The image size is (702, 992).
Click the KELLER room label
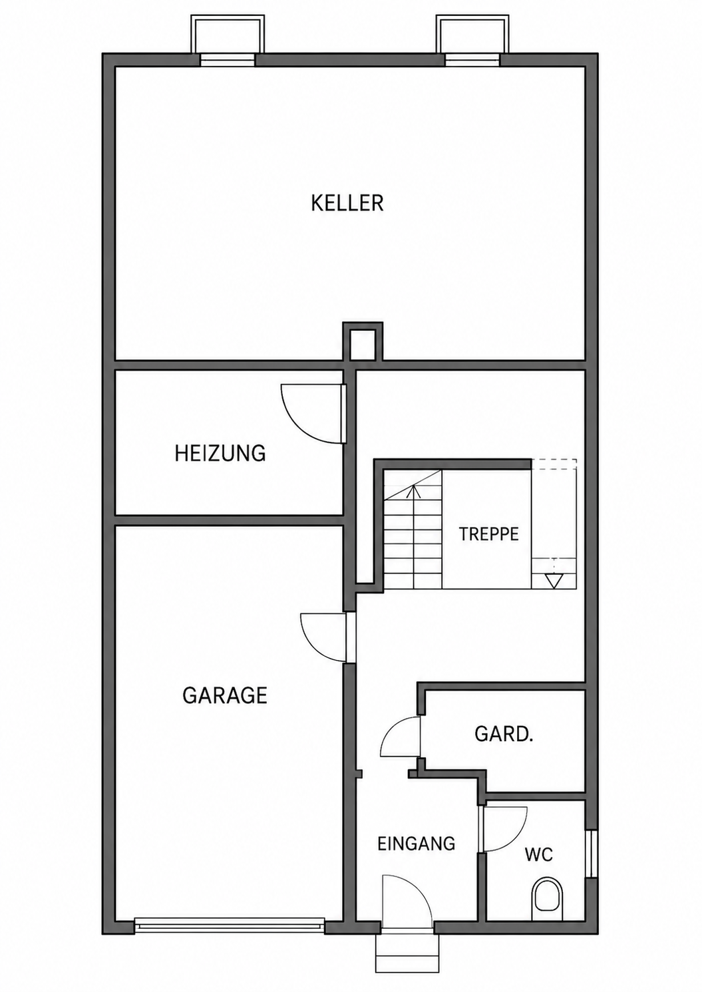pyautogui.click(x=347, y=203)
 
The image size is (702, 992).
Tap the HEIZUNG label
pyautogui.click(x=220, y=454)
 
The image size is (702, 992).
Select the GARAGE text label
pyautogui.click(x=225, y=695)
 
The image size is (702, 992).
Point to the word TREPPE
pyautogui.click(x=488, y=534)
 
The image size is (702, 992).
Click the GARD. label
pyautogui.click(x=504, y=734)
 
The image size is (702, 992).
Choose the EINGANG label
pyautogui.click(x=417, y=844)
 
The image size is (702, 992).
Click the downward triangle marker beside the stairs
pyautogui.click(x=554, y=580)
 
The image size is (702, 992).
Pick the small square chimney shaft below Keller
pyautogui.click(x=363, y=344)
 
